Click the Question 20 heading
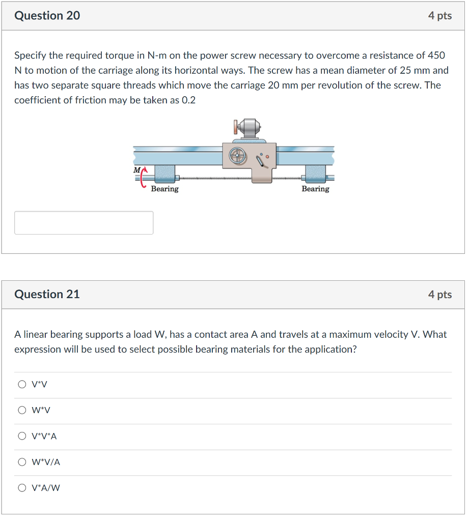point(47,16)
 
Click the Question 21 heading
point(47,294)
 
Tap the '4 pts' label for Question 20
point(439,16)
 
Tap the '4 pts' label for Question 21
point(439,295)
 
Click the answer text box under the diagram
point(84,223)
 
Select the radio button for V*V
point(22,385)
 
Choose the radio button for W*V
point(22,411)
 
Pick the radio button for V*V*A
point(22,437)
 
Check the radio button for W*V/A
point(22,462)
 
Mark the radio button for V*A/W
point(22,488)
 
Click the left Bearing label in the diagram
point(164,189)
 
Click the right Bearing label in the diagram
point(315,189)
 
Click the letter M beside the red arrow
point(136,169)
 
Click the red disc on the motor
point(236,126)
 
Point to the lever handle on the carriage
point(263,161)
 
